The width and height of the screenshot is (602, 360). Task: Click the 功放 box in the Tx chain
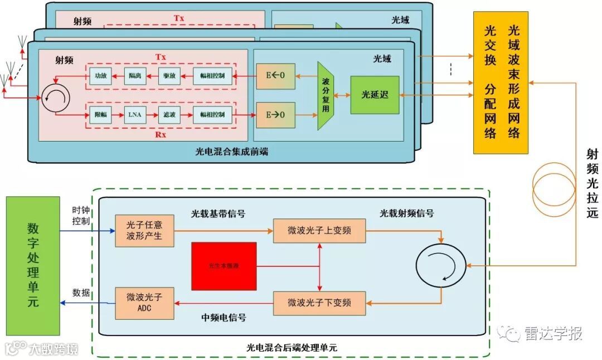coord(100,76)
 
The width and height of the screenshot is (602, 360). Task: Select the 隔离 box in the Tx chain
coord(134,76)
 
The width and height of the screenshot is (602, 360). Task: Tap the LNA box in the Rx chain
coord(134,115)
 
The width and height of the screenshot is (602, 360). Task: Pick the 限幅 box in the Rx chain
coord(100,115)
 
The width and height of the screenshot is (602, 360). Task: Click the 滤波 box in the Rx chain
coord(168,115)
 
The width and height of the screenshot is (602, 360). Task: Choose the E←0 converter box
coord(275,76)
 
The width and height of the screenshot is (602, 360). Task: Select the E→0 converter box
coord(275,115)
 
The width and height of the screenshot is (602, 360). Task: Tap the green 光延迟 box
coord(375,95)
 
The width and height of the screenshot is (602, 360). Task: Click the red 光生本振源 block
coord(224,266)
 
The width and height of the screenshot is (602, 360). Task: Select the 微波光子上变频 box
coord(319,230)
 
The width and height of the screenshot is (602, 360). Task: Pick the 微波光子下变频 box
coord(319,303)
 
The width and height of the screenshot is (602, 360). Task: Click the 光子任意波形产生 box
coord(144,230)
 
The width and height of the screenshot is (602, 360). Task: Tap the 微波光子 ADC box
coord(144,303)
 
